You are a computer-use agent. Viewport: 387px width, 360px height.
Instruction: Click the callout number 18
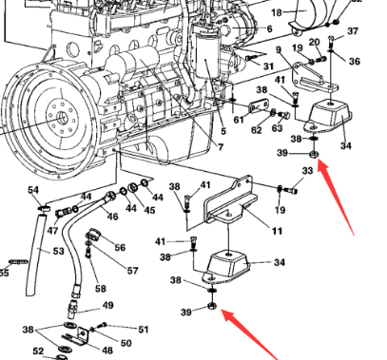(278, 12)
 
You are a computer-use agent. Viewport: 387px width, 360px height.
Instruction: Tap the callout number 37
(353, 30)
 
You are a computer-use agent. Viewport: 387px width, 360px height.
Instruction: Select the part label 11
(277, 231)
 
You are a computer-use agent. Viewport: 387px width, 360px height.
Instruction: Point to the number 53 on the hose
(57, 252)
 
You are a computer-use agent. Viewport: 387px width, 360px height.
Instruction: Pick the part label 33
(307, 171)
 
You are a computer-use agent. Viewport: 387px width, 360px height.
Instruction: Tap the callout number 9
(279, 49)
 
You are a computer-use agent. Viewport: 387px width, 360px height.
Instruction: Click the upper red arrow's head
(320, 163)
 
